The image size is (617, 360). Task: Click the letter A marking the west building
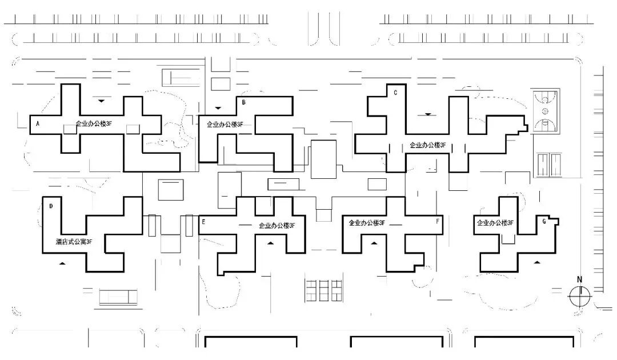tap(38, 123)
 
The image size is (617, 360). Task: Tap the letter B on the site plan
tap(244, 103)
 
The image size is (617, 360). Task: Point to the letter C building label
tap(395, 93)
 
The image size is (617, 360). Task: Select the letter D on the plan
tap(51, 206)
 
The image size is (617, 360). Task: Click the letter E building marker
tap(203, 221)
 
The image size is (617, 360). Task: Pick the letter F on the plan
tap(438, 221)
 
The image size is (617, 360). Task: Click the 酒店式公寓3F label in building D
tap(74, 242)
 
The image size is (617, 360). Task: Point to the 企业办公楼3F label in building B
tap(225, 124)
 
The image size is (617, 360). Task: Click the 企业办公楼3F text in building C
tap(427, 145)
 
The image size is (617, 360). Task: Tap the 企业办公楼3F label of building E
tap(277, 226)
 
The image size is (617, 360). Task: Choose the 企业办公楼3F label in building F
tap(367, 223)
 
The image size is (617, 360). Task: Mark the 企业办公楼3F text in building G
tap(495, 223)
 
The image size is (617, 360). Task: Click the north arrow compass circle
tap(579, 296)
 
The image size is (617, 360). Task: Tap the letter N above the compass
tap(579, 279)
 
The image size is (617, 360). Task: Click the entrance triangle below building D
tap(63, 263)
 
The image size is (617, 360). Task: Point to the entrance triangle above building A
tap(101, 101)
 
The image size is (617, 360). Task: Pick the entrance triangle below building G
tap(536, 262)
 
